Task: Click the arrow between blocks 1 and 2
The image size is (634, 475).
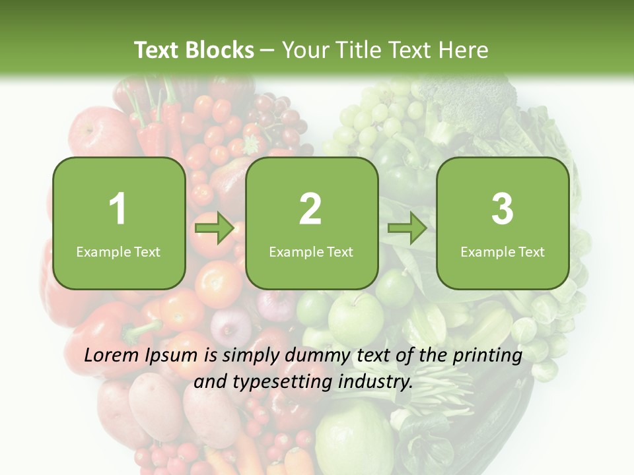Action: click(215, 229)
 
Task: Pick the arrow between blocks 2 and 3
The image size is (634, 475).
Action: click(407, 229)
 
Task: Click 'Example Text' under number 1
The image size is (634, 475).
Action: click(118, 252)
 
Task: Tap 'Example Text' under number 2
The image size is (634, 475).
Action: click(311, 252)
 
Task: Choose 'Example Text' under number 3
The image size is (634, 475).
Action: click(503, 252)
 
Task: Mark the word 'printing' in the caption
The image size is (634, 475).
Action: click(487, 357)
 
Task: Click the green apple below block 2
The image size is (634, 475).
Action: click(356, 317)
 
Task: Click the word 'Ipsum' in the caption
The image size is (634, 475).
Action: click(172, 357)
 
